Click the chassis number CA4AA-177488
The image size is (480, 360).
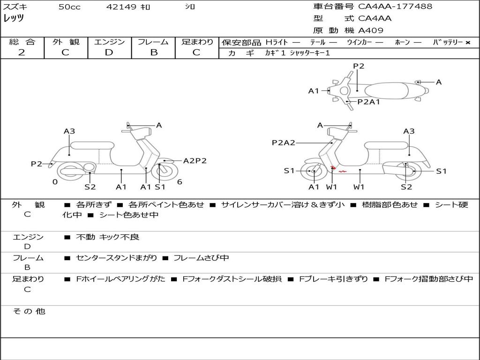tap(395, 7)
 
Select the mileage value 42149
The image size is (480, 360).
tap(121, 7)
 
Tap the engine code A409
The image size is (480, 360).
tap(371, 30)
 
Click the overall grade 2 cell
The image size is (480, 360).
tap(22, 52)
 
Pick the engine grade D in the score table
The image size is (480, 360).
tap(109, 52)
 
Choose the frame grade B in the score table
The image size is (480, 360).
tap(154, 52)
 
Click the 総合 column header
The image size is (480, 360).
tap(22, 42)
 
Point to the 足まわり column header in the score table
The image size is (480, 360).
tap(197, 42)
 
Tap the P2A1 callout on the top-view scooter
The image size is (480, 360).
tap(368, 101)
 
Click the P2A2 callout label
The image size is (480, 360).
tap(284, 143)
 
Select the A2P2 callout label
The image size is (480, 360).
tap(195, 161)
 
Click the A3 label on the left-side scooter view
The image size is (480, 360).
tap(69, 132)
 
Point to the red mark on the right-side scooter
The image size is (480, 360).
tap(342, 172)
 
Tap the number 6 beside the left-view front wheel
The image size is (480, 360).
tap(180, 182)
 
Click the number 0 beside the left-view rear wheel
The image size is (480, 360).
tap(55, 182)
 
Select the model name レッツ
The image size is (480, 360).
tap(14, 19)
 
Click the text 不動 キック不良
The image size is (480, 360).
tap(108, 238)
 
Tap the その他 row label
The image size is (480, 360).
tap(29, 311)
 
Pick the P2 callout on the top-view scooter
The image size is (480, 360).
tap(359, 66)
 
